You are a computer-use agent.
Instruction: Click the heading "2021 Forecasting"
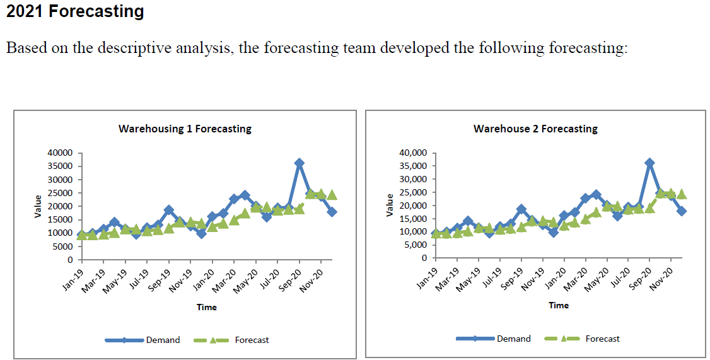click(75, 11)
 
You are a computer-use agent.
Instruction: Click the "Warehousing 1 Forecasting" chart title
click(185, 129)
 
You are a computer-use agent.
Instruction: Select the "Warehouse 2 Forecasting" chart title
click(535, 129)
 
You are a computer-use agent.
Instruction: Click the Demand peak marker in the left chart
click(300, 163)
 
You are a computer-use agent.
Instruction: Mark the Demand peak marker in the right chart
click(649, 163)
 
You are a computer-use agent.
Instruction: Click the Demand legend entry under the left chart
click(163, 340)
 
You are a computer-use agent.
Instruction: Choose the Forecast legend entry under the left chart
click(252, 340)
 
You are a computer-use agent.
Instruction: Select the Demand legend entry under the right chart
click(513, 339)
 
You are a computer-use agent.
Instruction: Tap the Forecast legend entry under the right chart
click(602, 339)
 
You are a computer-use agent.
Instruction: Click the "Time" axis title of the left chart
click(206, 307)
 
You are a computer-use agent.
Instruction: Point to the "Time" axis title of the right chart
click(558, 305)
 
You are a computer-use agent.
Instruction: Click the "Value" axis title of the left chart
click(38, 206)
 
